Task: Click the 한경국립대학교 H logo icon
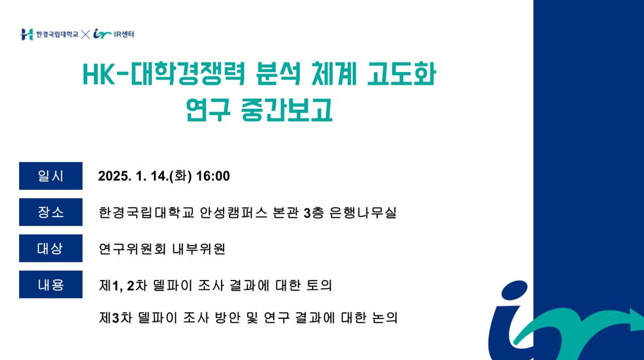pos(27,35)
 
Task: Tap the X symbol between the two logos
pos(86,35)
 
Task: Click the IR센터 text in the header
pos(124,35)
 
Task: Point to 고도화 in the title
pos(401,74)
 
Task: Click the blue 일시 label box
pos(51,176)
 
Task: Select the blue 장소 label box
pos(51,212)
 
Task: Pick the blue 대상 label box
pos(51,248)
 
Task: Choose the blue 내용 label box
pos(51,284)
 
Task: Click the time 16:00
pos(213,176)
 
